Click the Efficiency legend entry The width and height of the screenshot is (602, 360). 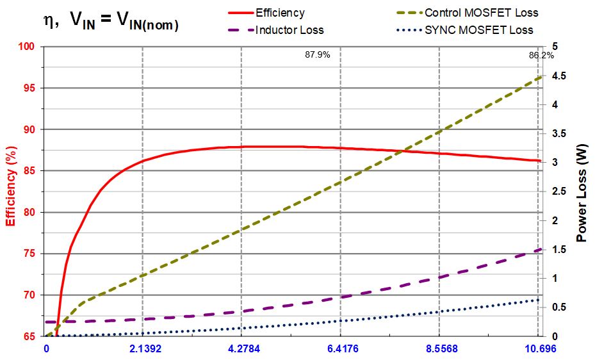pyautogui.click(x=280, y=13)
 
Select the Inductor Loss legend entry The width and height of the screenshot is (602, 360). pyautogui.click(x=289, y=30)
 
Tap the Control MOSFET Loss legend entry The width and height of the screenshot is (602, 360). pyautogui.click(x=481, y=13)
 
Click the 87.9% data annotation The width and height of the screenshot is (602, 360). pyautogui.click(x=317, y=55)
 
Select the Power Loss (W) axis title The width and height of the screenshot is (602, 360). pyautogui.click(x=582, y=190)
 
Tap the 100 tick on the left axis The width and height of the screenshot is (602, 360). pyautogui.click(x=26, y=47)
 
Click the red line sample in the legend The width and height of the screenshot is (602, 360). pyautogui.click(x=240, y=13)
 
